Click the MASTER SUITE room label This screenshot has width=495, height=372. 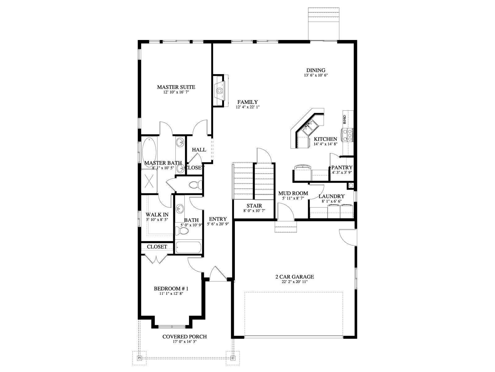pos(176,87)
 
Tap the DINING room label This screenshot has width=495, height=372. pos(316,70)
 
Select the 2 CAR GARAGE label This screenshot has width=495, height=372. pos(295,277)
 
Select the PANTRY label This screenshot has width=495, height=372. pos(342,168)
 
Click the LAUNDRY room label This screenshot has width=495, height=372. pos(331,196)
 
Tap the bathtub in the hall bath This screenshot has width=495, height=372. pos(188,248)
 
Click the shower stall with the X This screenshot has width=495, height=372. pos(149,181)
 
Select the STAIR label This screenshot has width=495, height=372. pos(254,206)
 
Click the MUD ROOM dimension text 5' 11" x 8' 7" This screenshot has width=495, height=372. pos(293,198)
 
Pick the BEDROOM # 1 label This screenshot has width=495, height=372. pos(171,289)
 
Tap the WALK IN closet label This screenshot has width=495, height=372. pos(157,215)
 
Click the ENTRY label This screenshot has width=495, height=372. pos(217,219)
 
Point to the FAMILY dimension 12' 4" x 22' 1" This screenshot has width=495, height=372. pos(247,107)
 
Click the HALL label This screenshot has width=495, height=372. pos(199,149)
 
